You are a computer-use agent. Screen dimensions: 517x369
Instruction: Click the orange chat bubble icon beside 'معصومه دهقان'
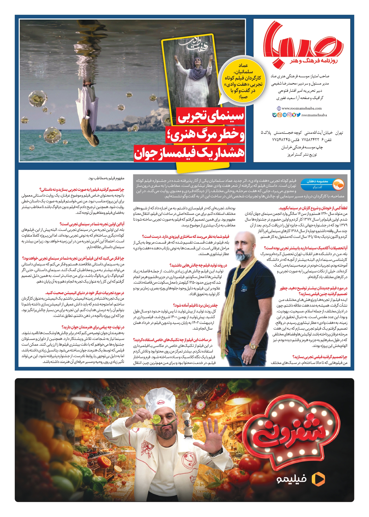click(339, 185)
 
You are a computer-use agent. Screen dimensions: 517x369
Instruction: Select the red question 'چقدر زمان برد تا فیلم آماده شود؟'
click(195, 305)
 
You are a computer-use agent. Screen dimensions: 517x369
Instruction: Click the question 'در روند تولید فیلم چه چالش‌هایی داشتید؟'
click(198, 265)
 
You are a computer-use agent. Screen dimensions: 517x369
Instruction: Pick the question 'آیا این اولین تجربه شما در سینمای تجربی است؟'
click(92, 224)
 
